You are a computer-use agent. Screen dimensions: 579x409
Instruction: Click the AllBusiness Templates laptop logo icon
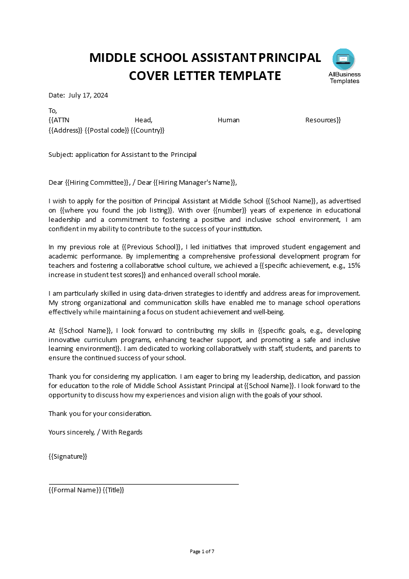pos(343,59)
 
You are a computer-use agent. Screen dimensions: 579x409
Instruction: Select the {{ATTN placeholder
pos(59,120)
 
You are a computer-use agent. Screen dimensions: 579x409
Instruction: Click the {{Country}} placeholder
pos(148,130)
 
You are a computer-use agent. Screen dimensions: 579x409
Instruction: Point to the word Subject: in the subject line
pos(61,155)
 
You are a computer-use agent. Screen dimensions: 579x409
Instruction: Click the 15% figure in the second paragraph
pos(353,265)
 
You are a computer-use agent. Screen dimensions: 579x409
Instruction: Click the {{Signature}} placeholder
pos(68,456)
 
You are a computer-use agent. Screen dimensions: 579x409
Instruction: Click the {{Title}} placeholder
pos(114,490)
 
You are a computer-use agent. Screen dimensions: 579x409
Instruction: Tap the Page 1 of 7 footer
pos(202,552)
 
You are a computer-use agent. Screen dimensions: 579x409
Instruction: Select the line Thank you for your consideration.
pos(100,414)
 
